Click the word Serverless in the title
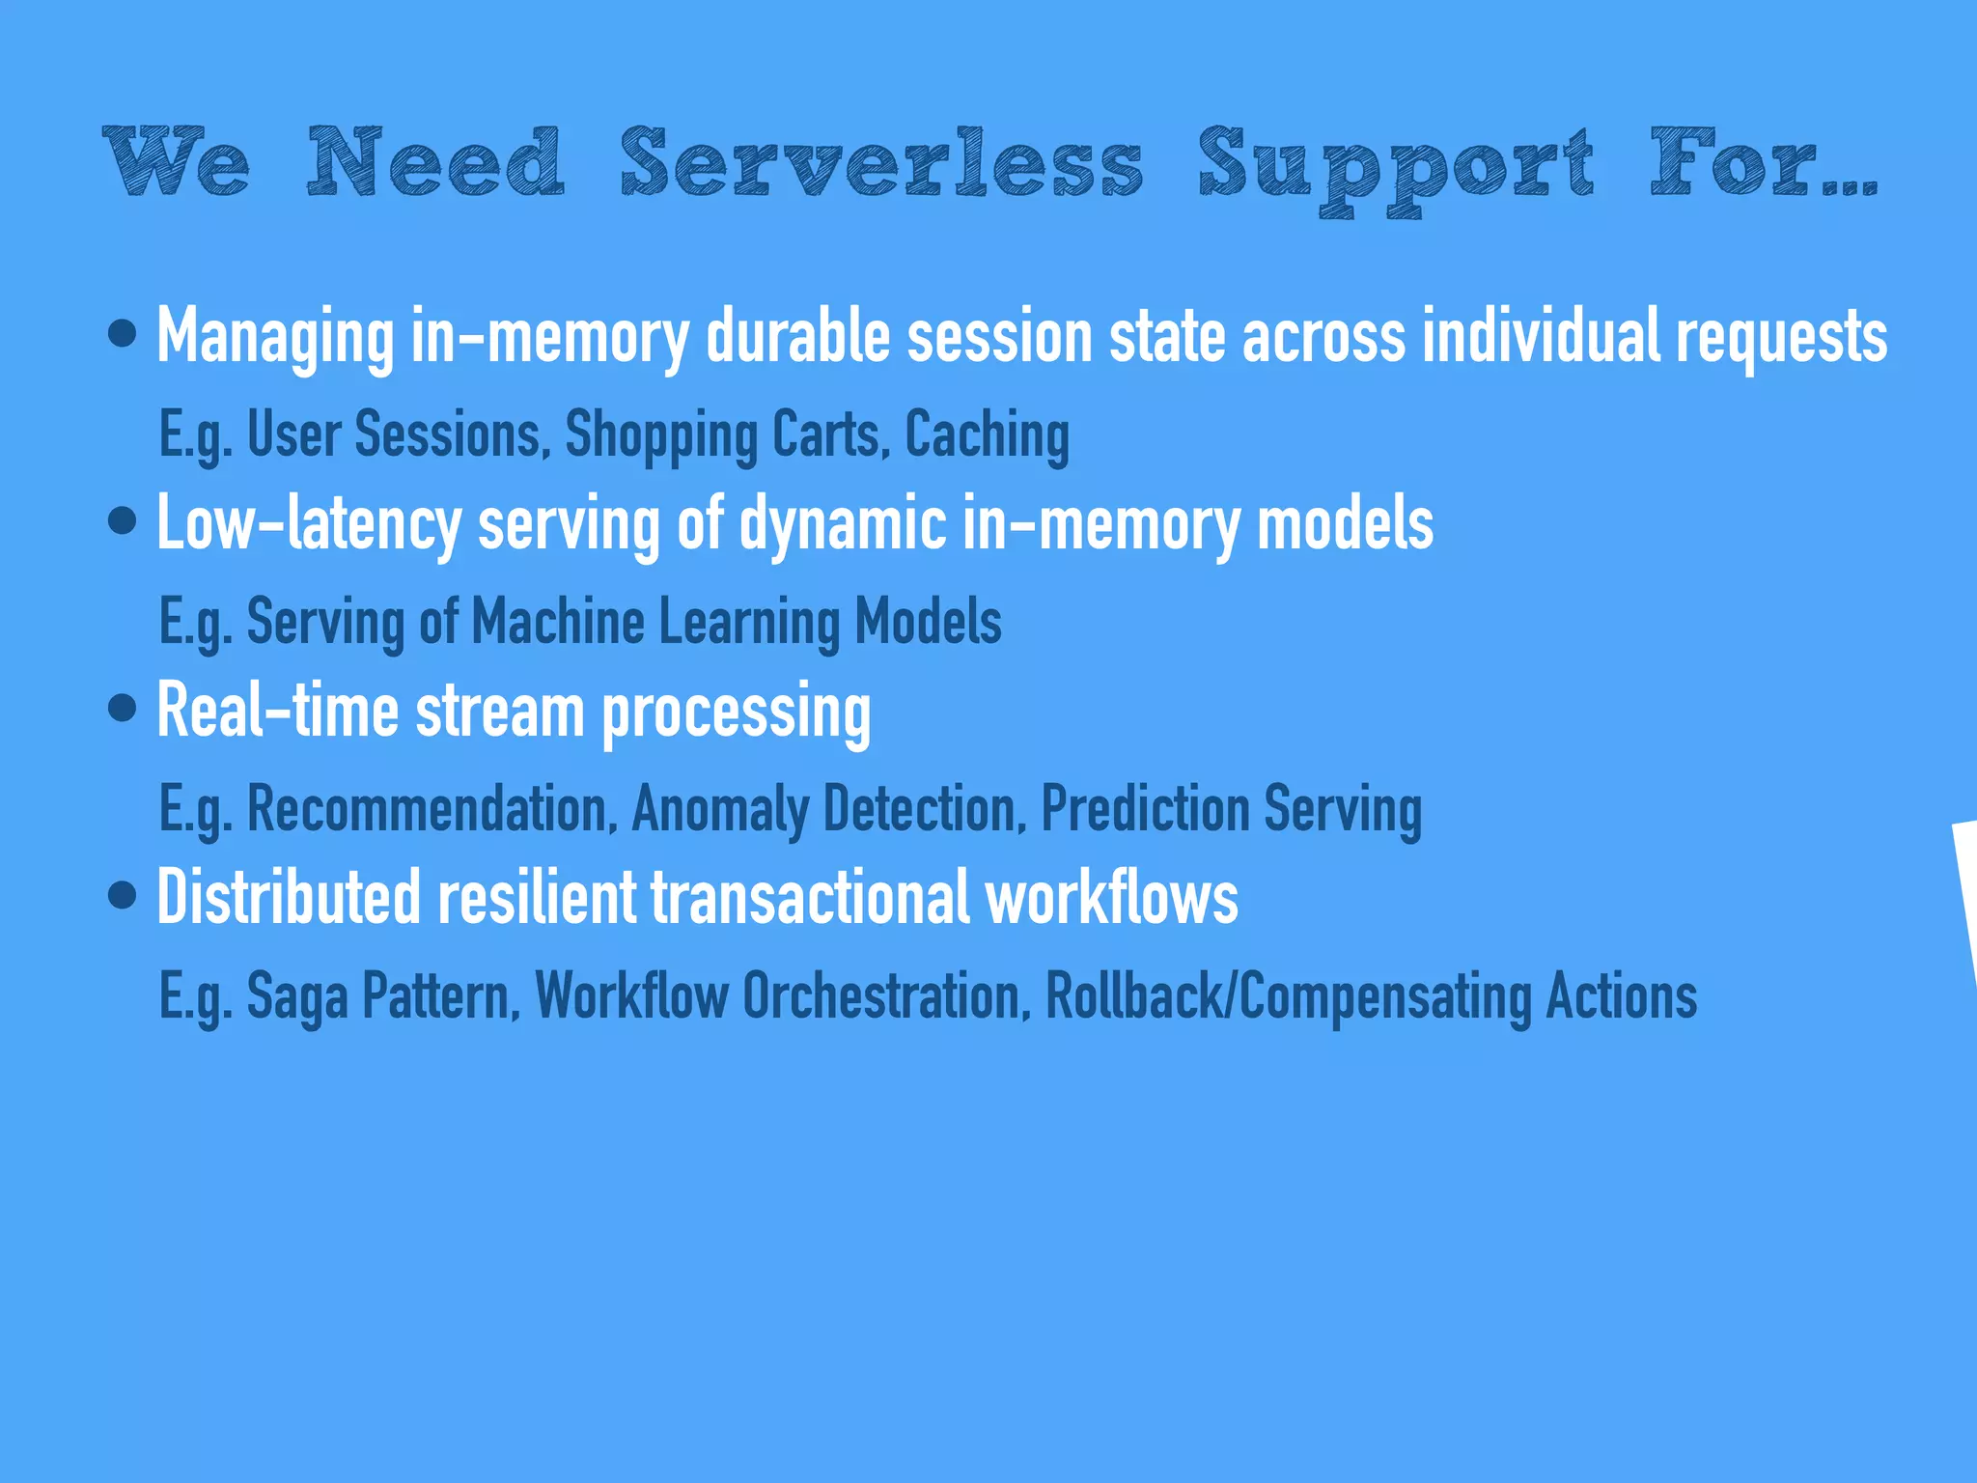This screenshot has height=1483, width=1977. point(881,162)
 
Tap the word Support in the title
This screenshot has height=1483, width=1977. point(1395,166)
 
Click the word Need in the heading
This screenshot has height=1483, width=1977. point(435,162)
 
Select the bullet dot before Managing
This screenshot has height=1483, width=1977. point(123,334)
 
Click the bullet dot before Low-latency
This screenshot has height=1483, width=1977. point(123,521)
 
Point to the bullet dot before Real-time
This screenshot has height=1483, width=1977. point(123,709)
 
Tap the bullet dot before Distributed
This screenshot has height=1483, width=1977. point(123,895)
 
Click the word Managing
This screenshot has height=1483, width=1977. point(275,337)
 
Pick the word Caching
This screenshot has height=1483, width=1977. point(987,434)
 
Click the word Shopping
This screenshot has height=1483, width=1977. point(660,434)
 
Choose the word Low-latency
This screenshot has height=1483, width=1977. point(309,524)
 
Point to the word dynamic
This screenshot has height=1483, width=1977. point(843,524)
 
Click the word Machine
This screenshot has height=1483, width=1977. point(557,621)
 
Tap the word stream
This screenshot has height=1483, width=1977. point(500,712)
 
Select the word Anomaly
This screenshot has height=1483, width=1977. point(719,808)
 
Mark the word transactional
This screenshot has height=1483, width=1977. point(810,897)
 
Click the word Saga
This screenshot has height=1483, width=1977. point(297,996)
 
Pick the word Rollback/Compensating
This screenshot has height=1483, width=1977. point(1288,996)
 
